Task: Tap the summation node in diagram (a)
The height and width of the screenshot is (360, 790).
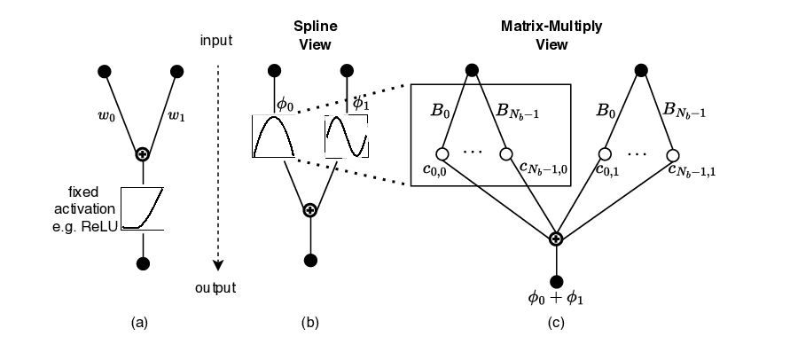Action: coord(140,154)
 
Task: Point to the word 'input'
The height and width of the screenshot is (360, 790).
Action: coord(216,40)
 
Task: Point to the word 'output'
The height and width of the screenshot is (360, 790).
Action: coord(217,287)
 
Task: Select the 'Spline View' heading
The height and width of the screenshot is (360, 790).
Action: coord(313,34)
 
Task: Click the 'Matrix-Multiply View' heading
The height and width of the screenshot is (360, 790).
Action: coord(551,34)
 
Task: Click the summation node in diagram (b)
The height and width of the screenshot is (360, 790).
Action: coord(309,210)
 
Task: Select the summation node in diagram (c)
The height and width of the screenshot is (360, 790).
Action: coord(556,239)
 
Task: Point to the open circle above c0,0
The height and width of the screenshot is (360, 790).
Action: coord(442,153)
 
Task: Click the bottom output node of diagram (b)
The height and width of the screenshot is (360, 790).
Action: coord(309,260)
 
